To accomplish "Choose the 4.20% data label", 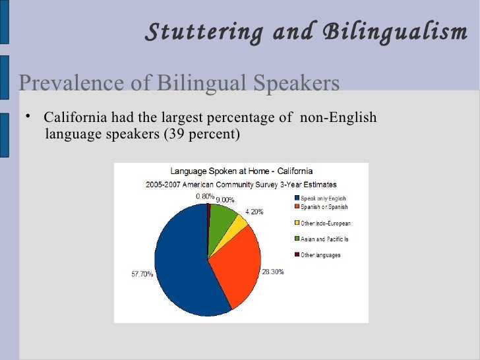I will coord(255,212).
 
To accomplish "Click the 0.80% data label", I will coord(205,196).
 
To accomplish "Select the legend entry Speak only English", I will coord(323,198).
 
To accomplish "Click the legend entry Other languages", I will coord(320,255).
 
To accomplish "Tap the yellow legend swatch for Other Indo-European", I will coord(297,223).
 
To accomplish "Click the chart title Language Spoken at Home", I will coord(241,171).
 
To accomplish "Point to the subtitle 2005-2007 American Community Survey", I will coord(241,184).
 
